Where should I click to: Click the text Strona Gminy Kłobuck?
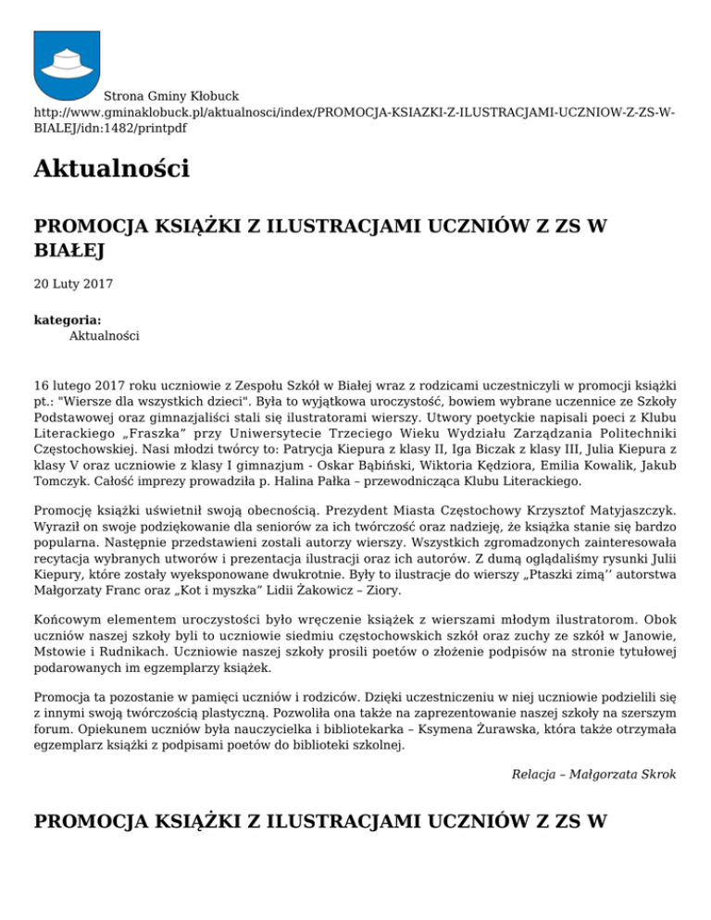(171, 95)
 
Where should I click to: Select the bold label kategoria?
(68, 319)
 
